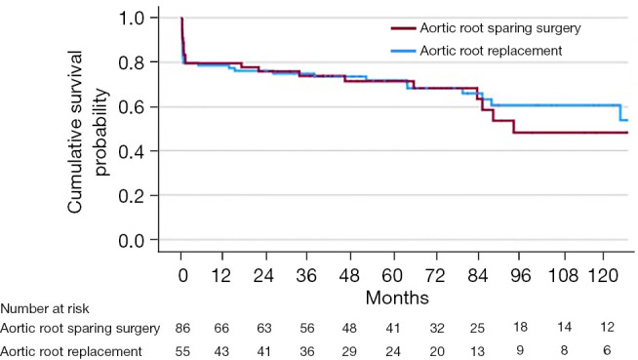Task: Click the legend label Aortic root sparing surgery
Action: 500,28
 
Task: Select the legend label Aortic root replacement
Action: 491,51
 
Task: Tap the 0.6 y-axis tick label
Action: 132,107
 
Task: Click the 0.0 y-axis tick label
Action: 132,240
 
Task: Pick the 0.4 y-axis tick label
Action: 132,151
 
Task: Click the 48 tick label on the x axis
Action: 349,275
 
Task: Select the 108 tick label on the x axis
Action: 564,275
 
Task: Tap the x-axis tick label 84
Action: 477,275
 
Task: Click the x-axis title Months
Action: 397,298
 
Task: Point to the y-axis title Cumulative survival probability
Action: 89,132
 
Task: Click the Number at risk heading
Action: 45,308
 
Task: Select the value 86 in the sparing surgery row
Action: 182,328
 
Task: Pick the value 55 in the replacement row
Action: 182,350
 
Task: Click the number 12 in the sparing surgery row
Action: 607,327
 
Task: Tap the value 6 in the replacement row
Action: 607,350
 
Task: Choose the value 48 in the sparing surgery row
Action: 349,328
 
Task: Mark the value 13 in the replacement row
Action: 477,350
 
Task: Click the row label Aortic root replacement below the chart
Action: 71,351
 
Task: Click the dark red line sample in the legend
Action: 403,28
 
